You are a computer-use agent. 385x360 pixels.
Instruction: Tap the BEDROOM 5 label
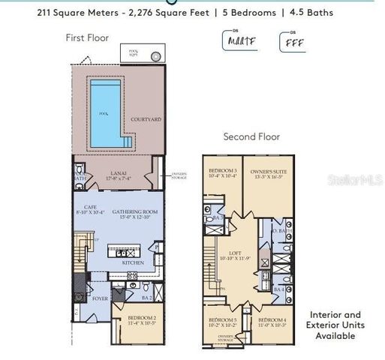tap(221, 323)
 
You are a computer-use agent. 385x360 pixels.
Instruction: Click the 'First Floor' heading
tap(88, 37)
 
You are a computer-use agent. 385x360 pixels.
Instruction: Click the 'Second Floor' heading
tap(251, 137)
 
